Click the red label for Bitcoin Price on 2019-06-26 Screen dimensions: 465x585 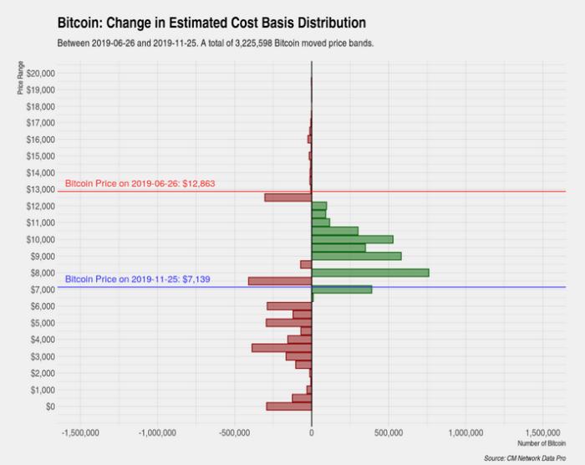[140, 183]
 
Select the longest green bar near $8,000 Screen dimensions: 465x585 [370, 273]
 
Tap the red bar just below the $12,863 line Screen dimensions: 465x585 [287, 197]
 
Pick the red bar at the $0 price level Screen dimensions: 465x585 [289, 406]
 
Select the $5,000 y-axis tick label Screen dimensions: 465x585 [42, 323]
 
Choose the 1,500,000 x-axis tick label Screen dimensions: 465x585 [544, 432]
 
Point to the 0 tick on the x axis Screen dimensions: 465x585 [312, 432]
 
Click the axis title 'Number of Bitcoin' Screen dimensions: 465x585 [541, 443]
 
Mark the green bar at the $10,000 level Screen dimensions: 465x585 [352, 239]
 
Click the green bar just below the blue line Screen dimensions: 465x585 [342, 289]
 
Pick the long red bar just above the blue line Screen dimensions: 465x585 [279, 281]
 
